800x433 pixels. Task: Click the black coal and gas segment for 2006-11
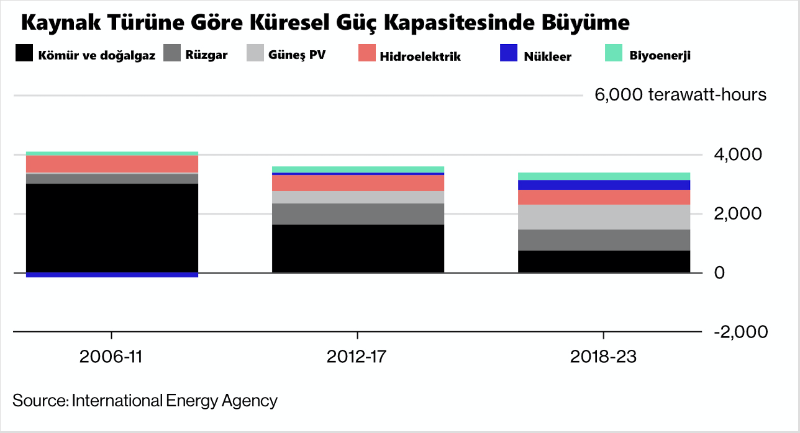coord(112,228)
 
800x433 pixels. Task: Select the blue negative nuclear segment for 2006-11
coord(112,275)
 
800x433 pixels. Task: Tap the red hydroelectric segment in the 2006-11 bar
coord(112,164)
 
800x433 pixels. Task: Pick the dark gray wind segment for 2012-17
coord(358,213)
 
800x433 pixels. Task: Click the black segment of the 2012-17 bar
coord(358,248)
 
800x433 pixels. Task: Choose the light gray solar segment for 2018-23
coord(604,217)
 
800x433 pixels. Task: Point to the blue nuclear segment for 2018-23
coord(604,185)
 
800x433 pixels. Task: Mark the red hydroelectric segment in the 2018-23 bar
coord(604,197)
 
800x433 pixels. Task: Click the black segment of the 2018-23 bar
coord(604,261)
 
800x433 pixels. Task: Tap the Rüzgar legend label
coord(206,55)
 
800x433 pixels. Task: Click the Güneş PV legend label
coord(297,55)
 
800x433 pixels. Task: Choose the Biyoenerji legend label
coord(660,55)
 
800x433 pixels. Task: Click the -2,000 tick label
coord(741,331)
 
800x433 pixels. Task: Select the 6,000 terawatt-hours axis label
coord(680,95)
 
